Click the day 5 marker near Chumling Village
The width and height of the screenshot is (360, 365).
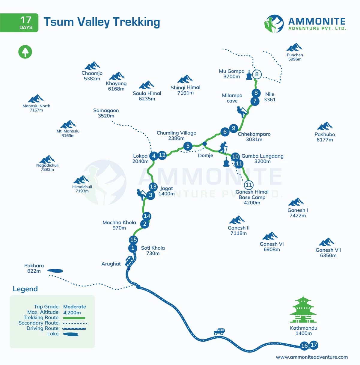coord(188,146)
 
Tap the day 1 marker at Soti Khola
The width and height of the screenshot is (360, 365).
coord(133,248)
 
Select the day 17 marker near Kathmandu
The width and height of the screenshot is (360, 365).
coord(314,345)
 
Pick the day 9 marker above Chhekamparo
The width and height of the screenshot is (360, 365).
coord(234,128)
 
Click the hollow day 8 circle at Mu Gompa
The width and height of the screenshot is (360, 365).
coord(257,74)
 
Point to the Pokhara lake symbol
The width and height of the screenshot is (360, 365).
coord(55,271)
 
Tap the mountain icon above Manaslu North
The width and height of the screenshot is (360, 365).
coord(36,99)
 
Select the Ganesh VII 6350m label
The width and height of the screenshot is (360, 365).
coord(328,253)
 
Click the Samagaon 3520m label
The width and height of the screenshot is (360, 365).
coord(106,113)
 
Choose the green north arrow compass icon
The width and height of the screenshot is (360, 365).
coord(25,52)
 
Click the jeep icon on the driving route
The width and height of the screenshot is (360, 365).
coord(219,331)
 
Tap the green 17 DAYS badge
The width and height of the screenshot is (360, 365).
coord(19,22)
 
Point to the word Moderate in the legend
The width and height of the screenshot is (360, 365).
coord(75,307)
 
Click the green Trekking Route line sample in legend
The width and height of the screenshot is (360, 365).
coord(74,318)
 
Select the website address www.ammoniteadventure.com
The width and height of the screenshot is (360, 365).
coord(312,357)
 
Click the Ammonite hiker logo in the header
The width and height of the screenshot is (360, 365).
coord(274,24)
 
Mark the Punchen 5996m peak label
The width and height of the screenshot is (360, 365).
coord(295,57)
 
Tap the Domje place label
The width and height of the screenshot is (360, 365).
coord(205,155)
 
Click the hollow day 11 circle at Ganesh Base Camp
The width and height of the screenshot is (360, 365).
coord(248,185)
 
